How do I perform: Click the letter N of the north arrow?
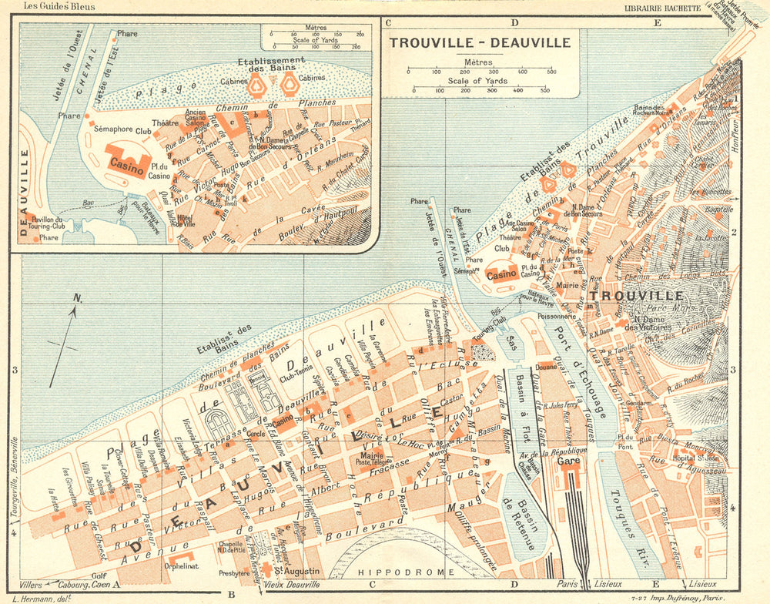(76, 299)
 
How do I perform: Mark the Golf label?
(97, 575)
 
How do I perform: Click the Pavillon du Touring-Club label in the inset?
(47, 225)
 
